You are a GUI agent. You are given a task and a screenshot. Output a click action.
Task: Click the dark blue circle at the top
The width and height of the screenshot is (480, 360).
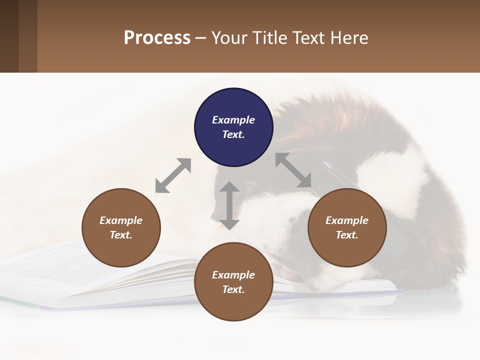pyautogui.click(x=233, y=127)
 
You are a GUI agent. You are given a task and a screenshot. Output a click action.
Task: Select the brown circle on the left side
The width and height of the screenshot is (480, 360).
pyautogui.click(x=121, y=228)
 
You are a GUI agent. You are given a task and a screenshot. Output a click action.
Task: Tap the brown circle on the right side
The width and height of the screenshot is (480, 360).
pyautogui.click(x=347, y=228)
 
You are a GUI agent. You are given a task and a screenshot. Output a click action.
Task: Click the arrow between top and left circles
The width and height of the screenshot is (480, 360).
pyautogui.click(x=173, y=175)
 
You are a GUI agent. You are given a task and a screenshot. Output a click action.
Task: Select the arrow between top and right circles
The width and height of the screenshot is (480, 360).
pyautogui.click(x=294, y=170)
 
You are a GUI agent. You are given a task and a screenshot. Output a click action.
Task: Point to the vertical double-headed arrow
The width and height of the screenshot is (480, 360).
pyautogui.click(x=229, y=205)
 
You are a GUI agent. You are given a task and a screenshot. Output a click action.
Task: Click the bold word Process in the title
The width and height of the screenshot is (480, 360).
pyautogui.click(x=157, y=37)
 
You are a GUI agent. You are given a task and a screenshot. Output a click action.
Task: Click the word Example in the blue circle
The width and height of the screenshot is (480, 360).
pyautogui.click(x=233, y=120)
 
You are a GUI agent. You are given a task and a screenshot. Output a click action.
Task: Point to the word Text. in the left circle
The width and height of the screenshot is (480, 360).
pyautogui.click(x=121, y=235)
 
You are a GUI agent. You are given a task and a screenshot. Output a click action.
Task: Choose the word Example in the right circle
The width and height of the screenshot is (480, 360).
pyautogui.click(x=347, y=220)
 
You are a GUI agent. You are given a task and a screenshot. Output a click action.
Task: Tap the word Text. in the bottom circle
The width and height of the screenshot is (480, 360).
pyautogui.click(x=233, y=289)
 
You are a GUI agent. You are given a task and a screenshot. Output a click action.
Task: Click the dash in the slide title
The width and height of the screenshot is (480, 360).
pyautogui.click(x=201, y=38)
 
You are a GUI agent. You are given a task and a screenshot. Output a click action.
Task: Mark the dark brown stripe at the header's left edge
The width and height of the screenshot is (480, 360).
pyautogui.click(x=9, y=36)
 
